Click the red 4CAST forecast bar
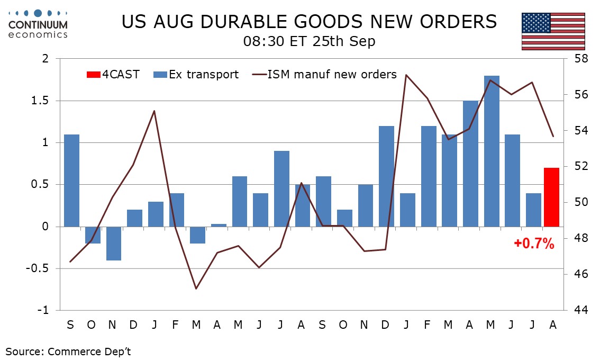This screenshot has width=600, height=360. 551,197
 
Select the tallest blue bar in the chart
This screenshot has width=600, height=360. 492,151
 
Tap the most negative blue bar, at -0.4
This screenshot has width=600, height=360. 114,244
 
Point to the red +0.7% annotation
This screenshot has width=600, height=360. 534,243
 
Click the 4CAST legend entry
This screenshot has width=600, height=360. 113,74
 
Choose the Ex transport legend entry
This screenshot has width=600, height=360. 196,74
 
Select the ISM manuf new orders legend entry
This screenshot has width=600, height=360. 324,74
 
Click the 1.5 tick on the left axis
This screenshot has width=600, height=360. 41,101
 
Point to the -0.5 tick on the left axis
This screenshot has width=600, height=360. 38,268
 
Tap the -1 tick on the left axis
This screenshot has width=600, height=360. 43,310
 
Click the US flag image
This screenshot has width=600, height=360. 553,31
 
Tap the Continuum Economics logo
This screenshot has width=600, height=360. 38,24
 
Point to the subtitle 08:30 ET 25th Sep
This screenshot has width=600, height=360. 309,41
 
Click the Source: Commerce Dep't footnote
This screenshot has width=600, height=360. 68,352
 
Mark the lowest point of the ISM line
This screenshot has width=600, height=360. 196,289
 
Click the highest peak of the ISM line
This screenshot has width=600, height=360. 406,75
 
